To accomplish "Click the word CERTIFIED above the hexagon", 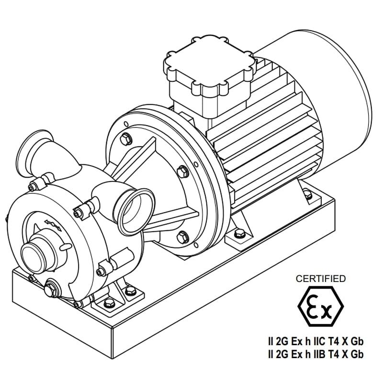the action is pyautogui.click(x=320, y=279).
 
